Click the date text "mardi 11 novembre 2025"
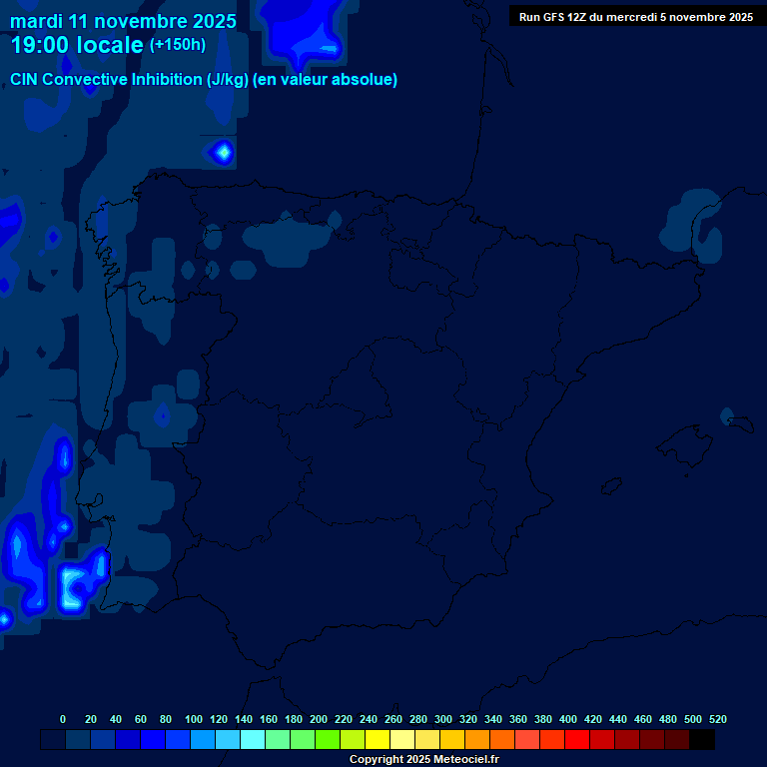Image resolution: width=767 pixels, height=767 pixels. tap(124, 21)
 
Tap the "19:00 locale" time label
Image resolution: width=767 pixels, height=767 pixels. tap(77, 45)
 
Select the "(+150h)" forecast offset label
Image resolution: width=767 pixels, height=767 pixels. tap(178, 44)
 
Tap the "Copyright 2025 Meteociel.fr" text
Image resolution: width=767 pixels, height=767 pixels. tap(423, 760)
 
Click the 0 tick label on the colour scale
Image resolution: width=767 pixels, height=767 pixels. tap(63, 719)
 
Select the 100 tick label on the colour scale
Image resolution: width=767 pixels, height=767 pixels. tap(194, 719)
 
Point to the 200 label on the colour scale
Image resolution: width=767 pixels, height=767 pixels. tap(319, 719)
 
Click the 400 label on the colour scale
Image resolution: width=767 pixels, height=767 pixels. tap(568, 719)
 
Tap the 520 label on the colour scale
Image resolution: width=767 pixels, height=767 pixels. tap(718, 719)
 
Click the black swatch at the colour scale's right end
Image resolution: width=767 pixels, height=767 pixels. tap(702, 740)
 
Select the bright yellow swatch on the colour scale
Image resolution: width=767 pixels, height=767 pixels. tap(378, 740)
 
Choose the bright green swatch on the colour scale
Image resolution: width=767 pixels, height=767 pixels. tap(328, 740)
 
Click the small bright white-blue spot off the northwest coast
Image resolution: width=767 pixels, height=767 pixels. tap(222, 152)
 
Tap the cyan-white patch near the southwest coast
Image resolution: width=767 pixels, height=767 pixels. tap(72, 587)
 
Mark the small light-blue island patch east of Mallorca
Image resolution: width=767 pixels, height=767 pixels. tap(728, 416)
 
